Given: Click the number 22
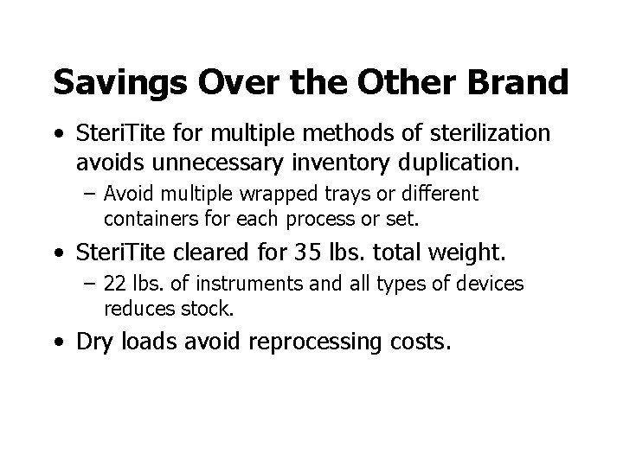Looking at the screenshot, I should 115,285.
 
